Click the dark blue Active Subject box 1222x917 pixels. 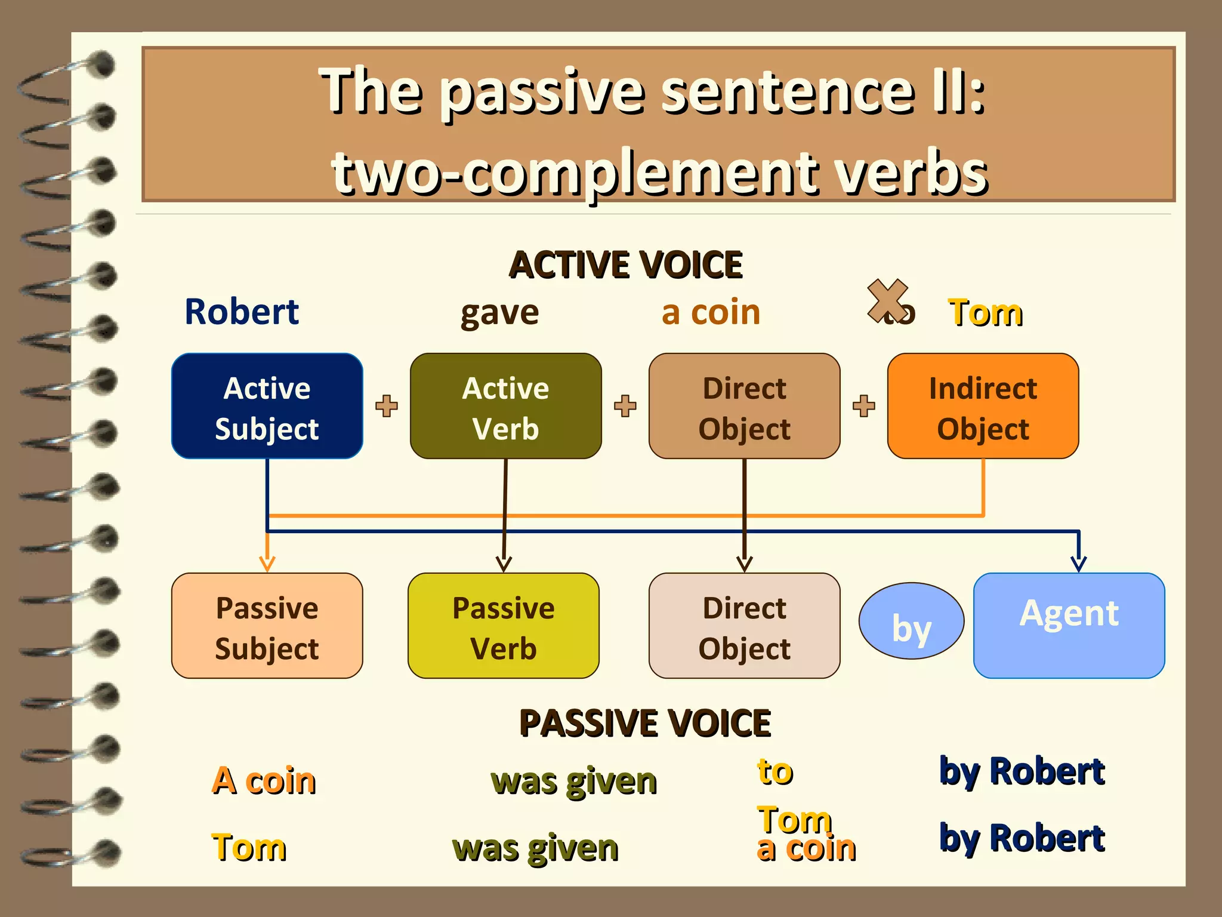(267, 406)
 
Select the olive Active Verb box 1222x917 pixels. (505, 406)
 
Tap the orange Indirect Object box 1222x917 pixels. (983, 406)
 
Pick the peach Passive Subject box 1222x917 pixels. (267, 626)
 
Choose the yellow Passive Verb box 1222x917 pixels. (504, 626)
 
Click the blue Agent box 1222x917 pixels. (1069, 626)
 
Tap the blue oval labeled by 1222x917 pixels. (911, 621)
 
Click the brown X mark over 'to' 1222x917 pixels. (887, 300)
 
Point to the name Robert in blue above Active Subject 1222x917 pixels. (242, 312)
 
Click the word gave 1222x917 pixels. (499, 313)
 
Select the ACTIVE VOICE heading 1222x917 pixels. (625, 265)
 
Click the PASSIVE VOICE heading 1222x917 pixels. (645, 724)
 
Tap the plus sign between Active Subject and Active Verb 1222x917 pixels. (387, 406)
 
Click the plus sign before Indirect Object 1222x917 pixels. (863, 406)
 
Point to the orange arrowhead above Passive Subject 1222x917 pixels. (267, 563)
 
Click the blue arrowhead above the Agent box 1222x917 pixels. (1078, 563)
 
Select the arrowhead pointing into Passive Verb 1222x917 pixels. (504, 563)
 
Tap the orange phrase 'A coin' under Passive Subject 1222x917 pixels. (264, 780)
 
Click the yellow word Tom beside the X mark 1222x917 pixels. (986, 313)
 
